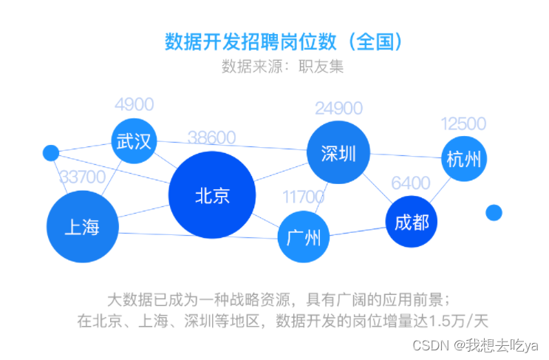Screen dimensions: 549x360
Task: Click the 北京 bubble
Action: point(212,194)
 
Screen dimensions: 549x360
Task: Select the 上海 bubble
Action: point(83,227)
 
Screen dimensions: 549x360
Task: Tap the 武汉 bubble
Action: point(134,140)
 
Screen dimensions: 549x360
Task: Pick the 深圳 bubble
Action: point(338,152)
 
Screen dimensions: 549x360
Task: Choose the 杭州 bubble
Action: point(464,159)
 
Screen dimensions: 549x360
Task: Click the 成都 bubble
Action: point(412,222)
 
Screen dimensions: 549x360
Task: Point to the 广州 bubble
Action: point(304,237)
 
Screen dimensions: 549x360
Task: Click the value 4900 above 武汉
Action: point(134,104)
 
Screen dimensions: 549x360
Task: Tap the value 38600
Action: point(211,137)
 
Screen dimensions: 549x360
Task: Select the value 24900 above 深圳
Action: point(338,108)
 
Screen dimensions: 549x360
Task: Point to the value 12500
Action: point(463,123)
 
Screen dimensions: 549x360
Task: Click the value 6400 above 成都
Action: point(410,183)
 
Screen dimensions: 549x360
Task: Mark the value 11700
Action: point(303,197)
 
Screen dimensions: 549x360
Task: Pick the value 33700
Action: point(82,177)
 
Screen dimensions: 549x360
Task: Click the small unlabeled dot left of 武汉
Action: point(51,153)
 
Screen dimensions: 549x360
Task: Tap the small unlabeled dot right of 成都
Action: point(494,213)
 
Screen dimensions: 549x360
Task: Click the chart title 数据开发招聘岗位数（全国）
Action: point(284,41)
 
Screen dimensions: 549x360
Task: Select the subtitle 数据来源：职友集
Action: point(282,67)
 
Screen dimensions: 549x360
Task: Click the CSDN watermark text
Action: point(475,346)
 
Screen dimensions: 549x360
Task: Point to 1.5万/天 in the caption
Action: point(458,320)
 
